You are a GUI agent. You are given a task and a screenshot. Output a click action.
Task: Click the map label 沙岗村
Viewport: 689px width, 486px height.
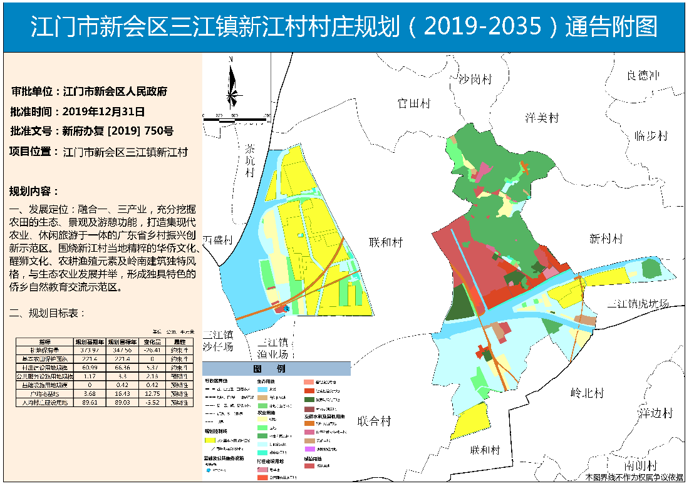[475, 80]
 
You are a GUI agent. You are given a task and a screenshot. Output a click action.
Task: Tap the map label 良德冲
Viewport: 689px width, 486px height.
[643, 75]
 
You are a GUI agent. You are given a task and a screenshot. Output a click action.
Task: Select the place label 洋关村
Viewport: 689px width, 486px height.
[541, 118]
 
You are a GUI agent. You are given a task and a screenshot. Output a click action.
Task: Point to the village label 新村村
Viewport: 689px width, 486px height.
[606, 239]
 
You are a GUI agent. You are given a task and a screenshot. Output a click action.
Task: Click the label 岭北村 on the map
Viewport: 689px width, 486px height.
[587, 393]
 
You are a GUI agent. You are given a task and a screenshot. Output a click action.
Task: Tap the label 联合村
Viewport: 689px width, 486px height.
[374, 421]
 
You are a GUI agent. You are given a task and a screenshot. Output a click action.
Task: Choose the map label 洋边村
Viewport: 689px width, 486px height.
[655, 413]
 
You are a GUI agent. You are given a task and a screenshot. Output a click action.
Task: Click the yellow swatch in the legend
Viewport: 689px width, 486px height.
[214, 442]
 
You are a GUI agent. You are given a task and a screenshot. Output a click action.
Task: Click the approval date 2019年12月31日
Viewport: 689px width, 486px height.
[104, 111]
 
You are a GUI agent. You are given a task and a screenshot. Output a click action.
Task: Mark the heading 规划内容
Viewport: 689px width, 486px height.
[34, 191]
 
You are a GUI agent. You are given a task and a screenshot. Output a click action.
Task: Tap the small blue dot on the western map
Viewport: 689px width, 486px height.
[286, 308]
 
